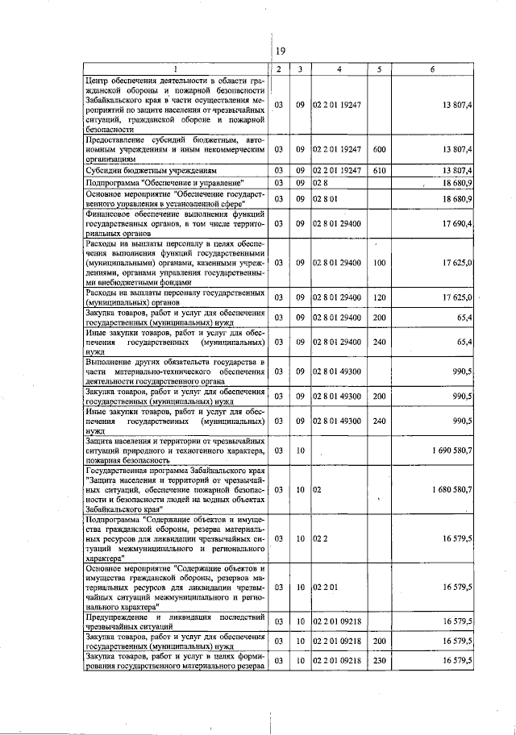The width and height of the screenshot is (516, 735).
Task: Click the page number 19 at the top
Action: point(281,52)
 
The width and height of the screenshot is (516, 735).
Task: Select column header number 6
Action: point(432,69)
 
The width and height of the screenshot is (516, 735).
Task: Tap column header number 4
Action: point(339,69)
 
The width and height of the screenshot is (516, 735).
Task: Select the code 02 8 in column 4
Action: point(320,184)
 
